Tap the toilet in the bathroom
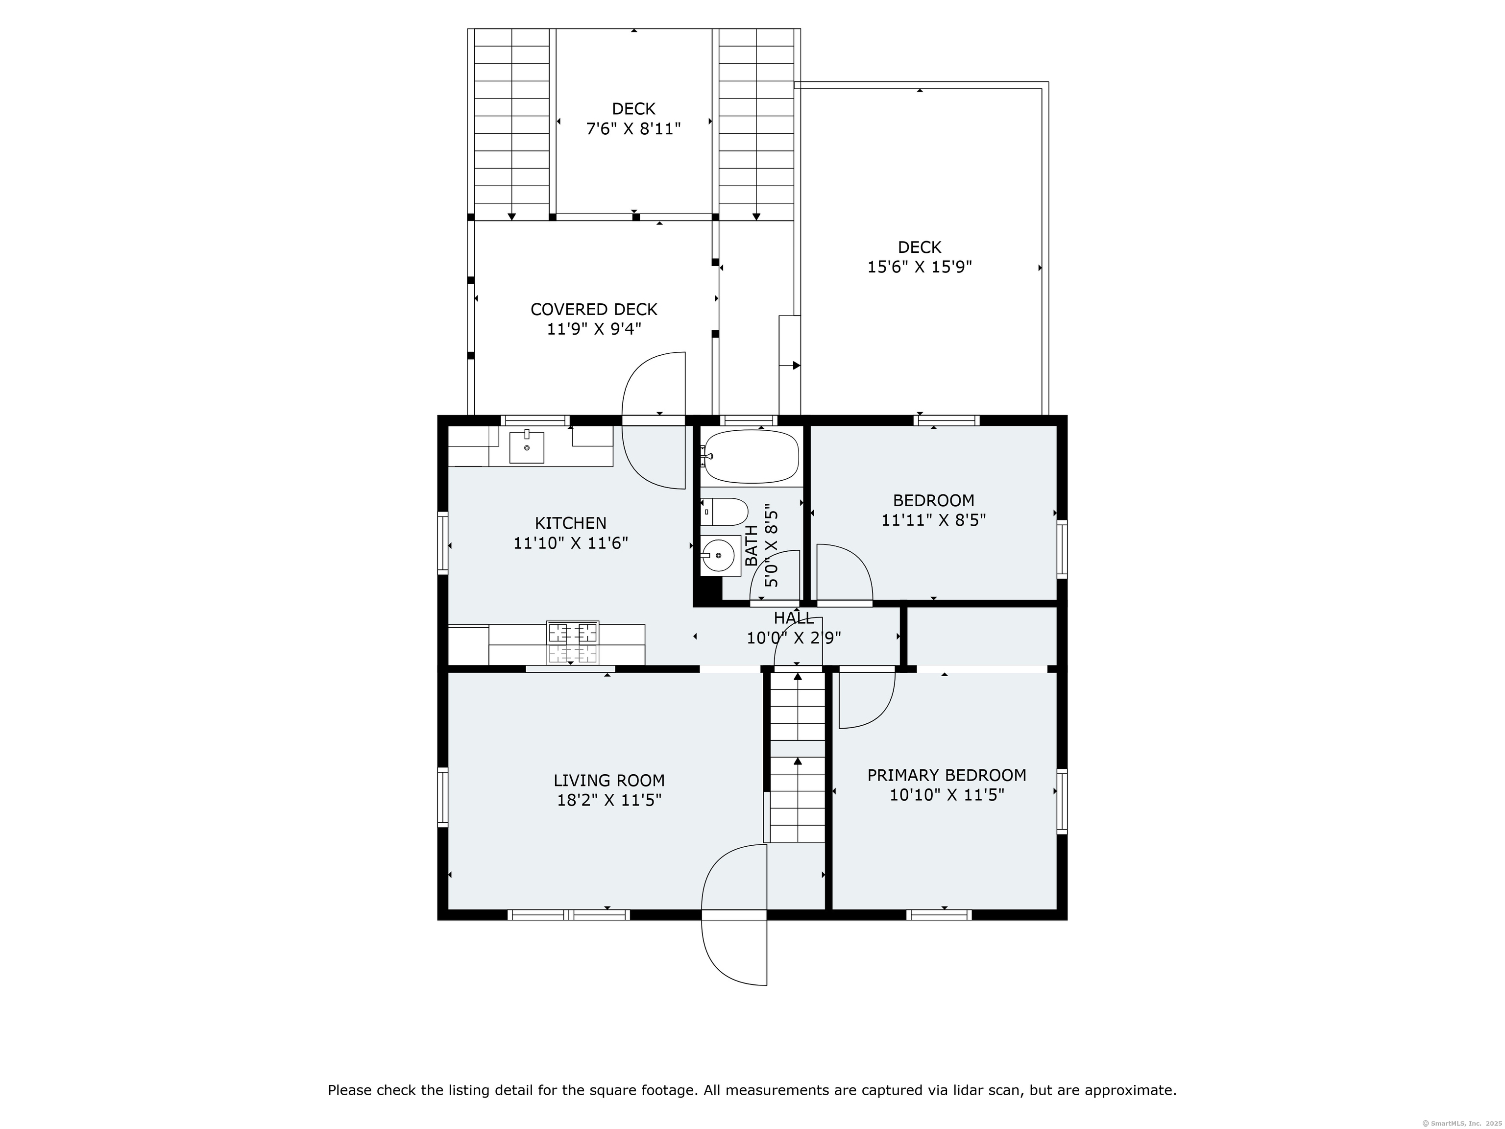725,511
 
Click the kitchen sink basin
527,447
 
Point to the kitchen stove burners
573,642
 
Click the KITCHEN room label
570,523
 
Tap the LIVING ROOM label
609,781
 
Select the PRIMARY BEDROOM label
947,775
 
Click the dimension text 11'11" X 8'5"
933,520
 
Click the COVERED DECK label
594,310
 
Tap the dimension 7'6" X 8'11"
633,128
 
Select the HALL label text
794,618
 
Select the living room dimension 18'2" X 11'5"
609,800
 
